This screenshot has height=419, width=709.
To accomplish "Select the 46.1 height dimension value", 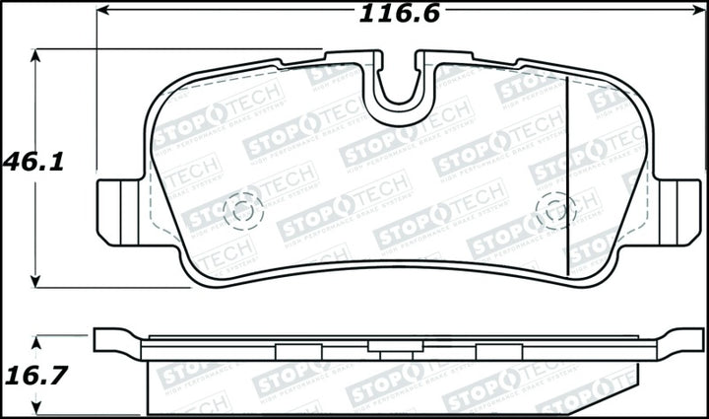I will [32, 162].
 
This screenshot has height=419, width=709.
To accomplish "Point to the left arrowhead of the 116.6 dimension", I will [103, 14].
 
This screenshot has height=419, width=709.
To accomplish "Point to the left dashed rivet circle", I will [243, 209].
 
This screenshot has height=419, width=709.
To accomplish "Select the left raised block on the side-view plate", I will [294, 350].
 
